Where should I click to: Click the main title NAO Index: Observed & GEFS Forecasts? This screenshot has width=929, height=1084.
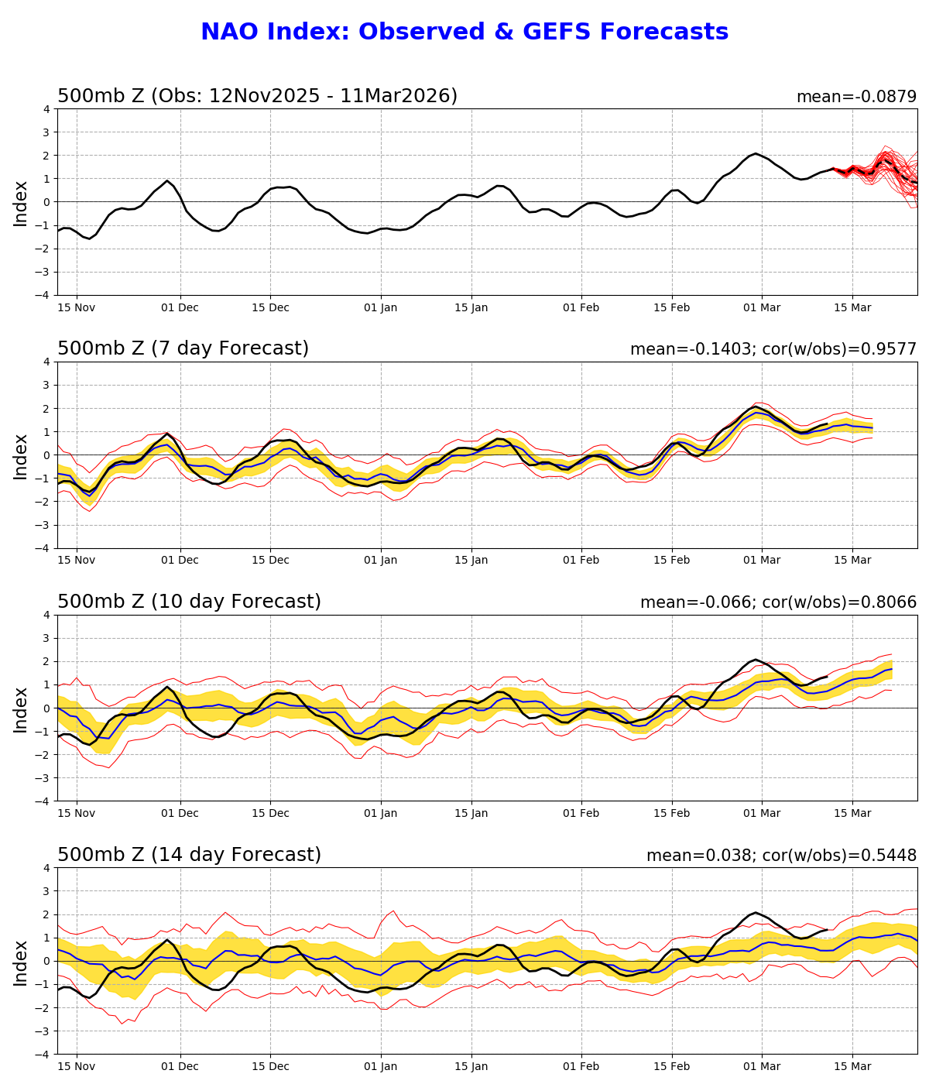(x=464, y=33)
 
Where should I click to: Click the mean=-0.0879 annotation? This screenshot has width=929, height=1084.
(x=856, y=97)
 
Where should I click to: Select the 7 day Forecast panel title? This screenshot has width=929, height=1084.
(x=183, y=349)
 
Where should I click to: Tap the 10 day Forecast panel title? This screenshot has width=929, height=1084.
(x=189, y=602)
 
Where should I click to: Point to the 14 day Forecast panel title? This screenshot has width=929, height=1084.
(x=189, y=856)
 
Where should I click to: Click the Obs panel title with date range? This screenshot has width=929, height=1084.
(x=257, y=96)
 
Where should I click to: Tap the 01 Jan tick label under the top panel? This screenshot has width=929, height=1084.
(x=381, y=307)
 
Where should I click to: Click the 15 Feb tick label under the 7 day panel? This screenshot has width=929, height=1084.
(x=671, y=561)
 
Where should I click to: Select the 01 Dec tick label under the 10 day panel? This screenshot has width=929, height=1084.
(x=180, y=813)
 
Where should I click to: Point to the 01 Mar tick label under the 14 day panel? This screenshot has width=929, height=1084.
(x=762, y=1066)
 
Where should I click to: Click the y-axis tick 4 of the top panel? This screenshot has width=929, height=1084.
(x=47, y=109)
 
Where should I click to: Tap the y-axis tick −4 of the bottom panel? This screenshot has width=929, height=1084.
(x=44, y=1054)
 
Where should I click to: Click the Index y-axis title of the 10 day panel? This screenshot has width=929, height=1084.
(x=21, y=708)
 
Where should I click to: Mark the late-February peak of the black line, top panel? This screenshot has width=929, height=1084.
(x=756, y=154)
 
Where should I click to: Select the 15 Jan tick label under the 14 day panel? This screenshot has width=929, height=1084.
(x=471, y=1066)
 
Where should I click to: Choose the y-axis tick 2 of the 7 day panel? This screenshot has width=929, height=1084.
(x=47, y=408)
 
